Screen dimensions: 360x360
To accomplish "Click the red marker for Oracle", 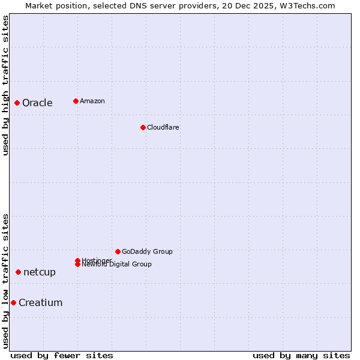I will tap(17, 103).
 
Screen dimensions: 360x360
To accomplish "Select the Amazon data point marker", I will tap(76, 101).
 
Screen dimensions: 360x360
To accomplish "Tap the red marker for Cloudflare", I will tap(143, 127).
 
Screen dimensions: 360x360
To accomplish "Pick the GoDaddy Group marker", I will tap(118, 251).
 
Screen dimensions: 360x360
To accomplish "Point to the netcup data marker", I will tap(18, 272).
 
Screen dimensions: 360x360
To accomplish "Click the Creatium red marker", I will tap(13, 302).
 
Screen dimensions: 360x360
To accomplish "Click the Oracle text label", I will tap(37, 103).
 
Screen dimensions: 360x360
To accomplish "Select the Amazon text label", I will tap(92, 101).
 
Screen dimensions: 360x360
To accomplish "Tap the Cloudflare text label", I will tap(163, 127).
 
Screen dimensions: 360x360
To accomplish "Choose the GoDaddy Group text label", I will tap(147, 251).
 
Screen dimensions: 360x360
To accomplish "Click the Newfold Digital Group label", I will tap(117, 265).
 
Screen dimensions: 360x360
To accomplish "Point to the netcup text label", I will tap(40, 272).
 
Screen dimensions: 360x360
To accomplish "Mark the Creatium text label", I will tap(41, 302).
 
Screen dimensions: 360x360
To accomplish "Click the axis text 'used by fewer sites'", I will tap(62, 355).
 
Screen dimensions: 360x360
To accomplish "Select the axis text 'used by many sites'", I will tap(301, 355).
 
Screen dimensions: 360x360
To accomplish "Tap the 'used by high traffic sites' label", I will tap(5, 85).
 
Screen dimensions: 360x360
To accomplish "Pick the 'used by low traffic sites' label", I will tap(5, 281).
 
